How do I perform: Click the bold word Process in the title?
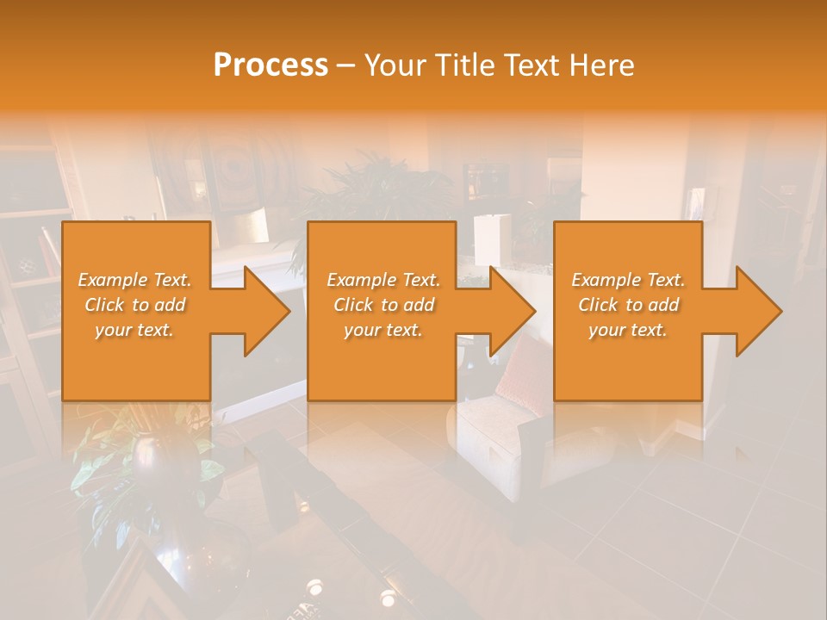(x=270, y=65)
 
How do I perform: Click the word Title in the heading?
(x=465, y=65)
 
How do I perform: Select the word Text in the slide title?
(x=532, y=65)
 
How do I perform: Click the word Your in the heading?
(x=396, y=65)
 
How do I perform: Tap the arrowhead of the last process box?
(x=757, y=312)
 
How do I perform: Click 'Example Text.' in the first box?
(x=135, y=280)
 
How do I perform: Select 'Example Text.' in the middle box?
(x=383, y=280)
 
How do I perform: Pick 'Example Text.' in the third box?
(x=628, y=280)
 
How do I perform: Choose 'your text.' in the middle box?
(x=383, y=330)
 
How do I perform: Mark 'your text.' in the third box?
(x=628, y=330)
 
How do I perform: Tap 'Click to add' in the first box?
(x=135, y=305)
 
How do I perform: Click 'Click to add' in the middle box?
(x=383, y=305)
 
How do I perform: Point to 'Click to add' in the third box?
(x=628, y=305)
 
